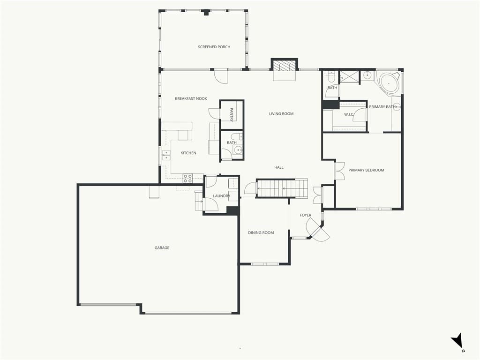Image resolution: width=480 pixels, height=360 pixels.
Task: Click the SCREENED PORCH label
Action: (214, 47)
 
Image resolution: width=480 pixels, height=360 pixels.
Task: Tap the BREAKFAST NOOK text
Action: (191, 98)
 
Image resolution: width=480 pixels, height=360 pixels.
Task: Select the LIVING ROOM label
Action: (281, 114)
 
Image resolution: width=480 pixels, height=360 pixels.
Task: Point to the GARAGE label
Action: (162, 248)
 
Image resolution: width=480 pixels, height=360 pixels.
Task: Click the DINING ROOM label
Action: (261, 232)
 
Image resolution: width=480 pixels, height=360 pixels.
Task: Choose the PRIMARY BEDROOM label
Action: (366, 170)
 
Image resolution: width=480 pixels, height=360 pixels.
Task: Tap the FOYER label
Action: (306, 215)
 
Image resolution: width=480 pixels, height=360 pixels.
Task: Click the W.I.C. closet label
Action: (349, 114)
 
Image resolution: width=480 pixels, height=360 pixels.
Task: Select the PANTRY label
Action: (232, 114)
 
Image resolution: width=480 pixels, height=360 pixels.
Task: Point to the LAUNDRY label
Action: (221, 196)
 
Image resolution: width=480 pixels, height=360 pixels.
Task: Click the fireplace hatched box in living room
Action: (285, 66)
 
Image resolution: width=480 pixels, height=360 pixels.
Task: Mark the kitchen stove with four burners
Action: (187, 179)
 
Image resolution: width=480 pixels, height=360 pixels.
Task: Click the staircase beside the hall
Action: (282, 188)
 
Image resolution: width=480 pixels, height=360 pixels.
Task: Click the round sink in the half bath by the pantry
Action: (238, 150)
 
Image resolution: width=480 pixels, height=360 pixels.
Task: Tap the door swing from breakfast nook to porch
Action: (221, 76)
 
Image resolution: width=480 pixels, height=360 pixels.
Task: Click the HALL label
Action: (279, 167)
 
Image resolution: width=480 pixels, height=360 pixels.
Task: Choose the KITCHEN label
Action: (188, 153)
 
